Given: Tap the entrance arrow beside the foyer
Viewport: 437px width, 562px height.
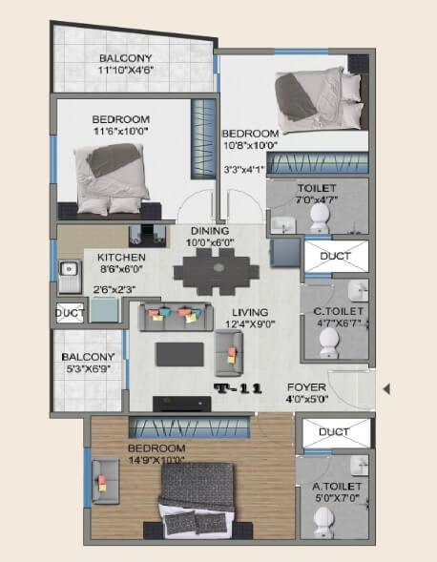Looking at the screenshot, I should (385, 388).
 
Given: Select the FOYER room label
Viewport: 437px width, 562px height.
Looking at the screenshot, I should (306, 387).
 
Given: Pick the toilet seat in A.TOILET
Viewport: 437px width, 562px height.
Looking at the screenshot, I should (322, 520).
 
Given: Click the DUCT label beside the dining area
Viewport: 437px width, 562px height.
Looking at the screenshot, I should (334, 257).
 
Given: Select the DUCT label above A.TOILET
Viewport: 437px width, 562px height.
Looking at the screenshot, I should (334, 431).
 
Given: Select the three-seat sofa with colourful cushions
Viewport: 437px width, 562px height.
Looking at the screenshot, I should (176, 316).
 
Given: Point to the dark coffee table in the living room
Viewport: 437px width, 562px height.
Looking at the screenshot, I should (178, 354).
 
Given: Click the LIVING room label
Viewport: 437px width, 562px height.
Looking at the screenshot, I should (248, 312).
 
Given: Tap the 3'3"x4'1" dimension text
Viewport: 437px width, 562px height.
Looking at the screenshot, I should (241, 170).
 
